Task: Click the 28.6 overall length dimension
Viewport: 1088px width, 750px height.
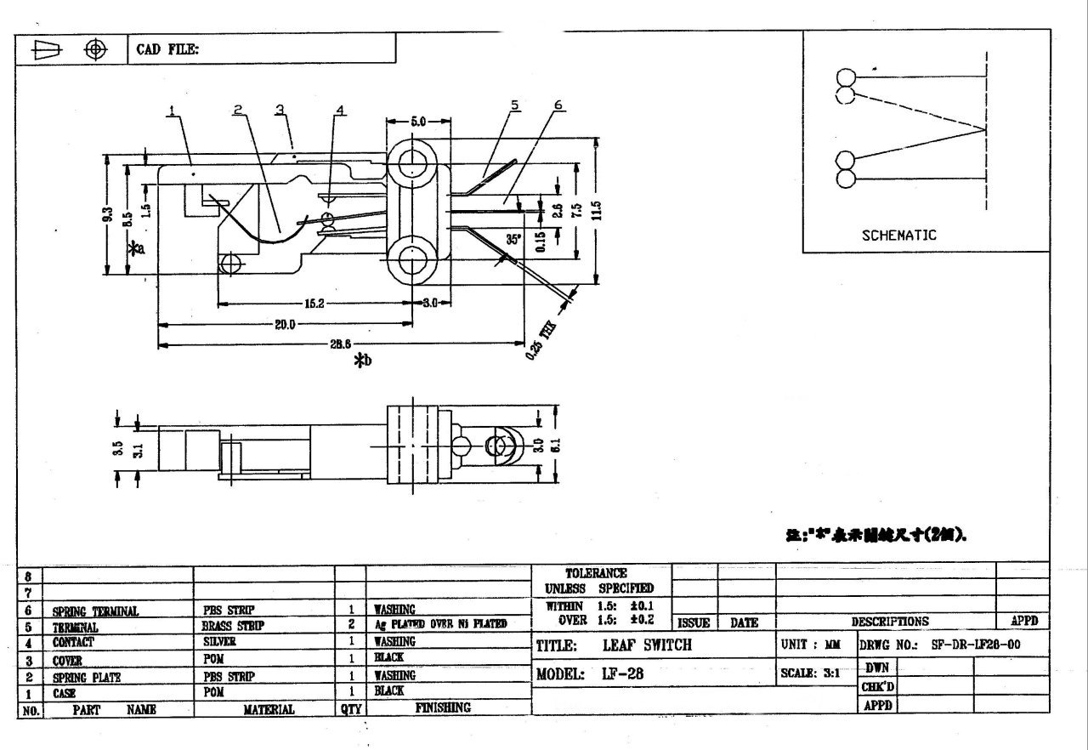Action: coord(340,344)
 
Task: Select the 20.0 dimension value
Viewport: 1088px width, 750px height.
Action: coord(284,324)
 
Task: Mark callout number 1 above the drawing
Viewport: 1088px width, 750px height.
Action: coord(172,111)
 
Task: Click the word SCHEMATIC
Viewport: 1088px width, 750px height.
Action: coord(898,236)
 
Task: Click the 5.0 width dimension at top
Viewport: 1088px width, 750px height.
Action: coord(418,122)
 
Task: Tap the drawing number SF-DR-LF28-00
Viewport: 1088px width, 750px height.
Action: coord(976,645)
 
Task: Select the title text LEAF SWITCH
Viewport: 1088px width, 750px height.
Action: coord(647,645)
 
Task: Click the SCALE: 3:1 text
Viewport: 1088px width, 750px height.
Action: coord(810,673)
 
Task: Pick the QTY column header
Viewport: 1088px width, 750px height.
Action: coord(350,708)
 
